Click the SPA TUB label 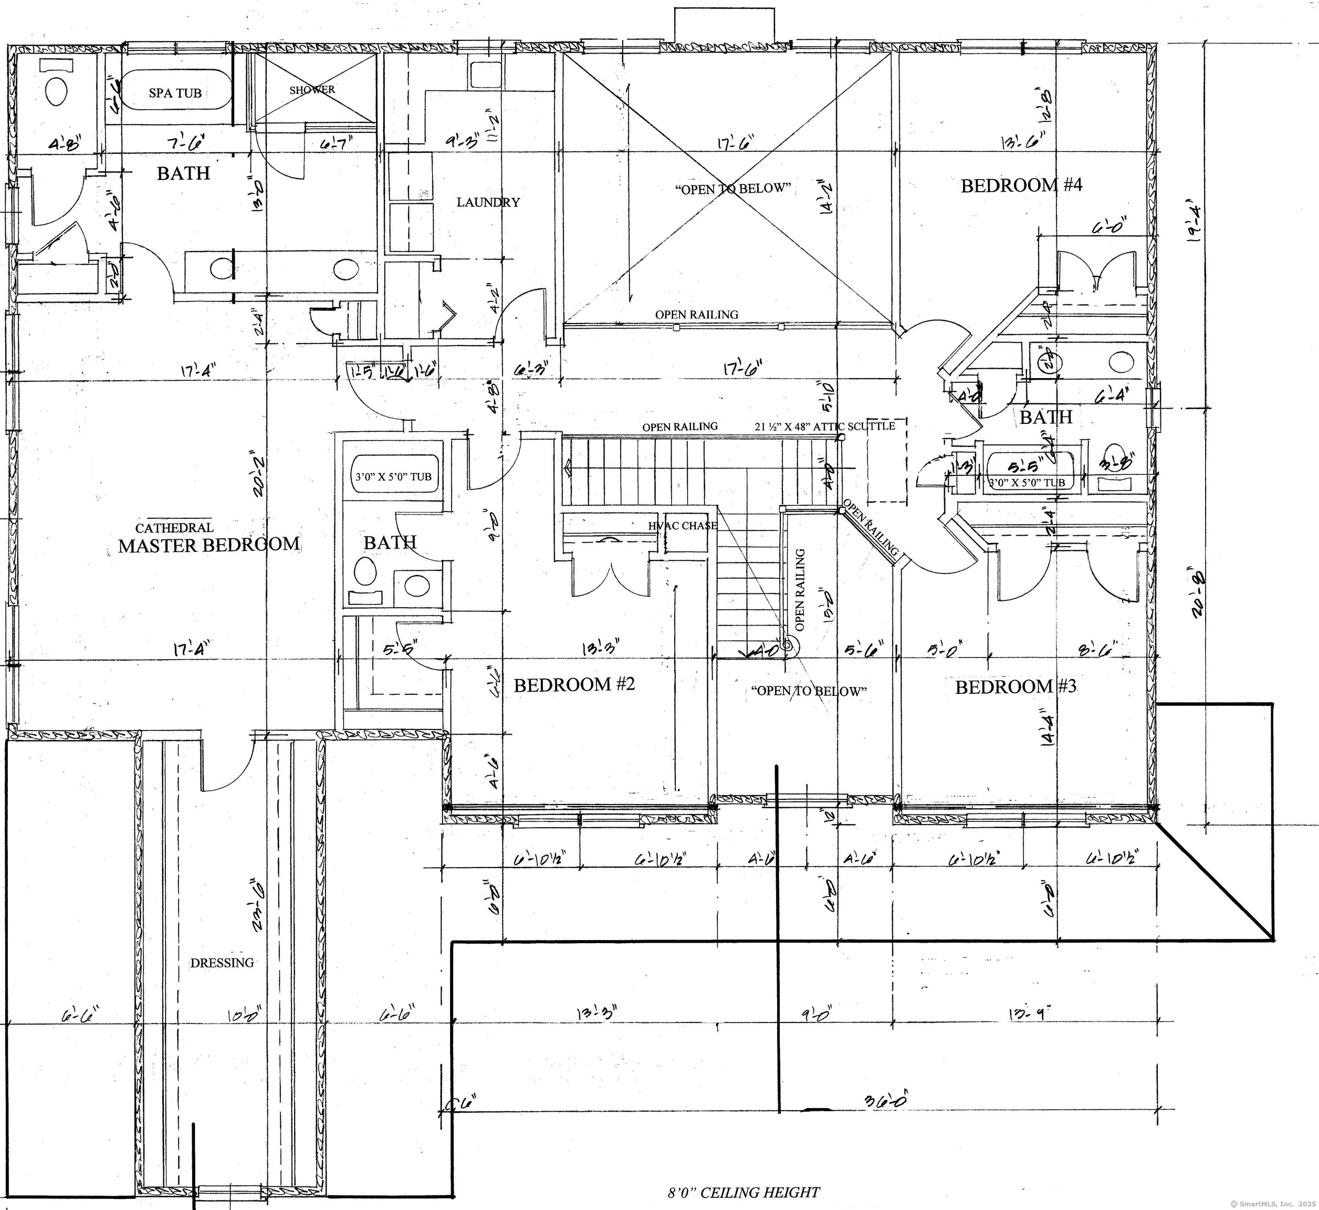tap(175, 93)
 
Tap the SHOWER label tap(312, 90)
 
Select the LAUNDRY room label tap(488, 202)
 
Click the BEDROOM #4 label tap(1021, 185)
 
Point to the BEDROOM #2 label tap(573, 685)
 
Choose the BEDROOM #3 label tap(1016, 687)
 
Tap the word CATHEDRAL tap(174, 528)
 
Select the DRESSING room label tap(222, 963)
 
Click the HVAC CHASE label tap(682, 526)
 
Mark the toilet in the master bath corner tap(57, 92)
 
